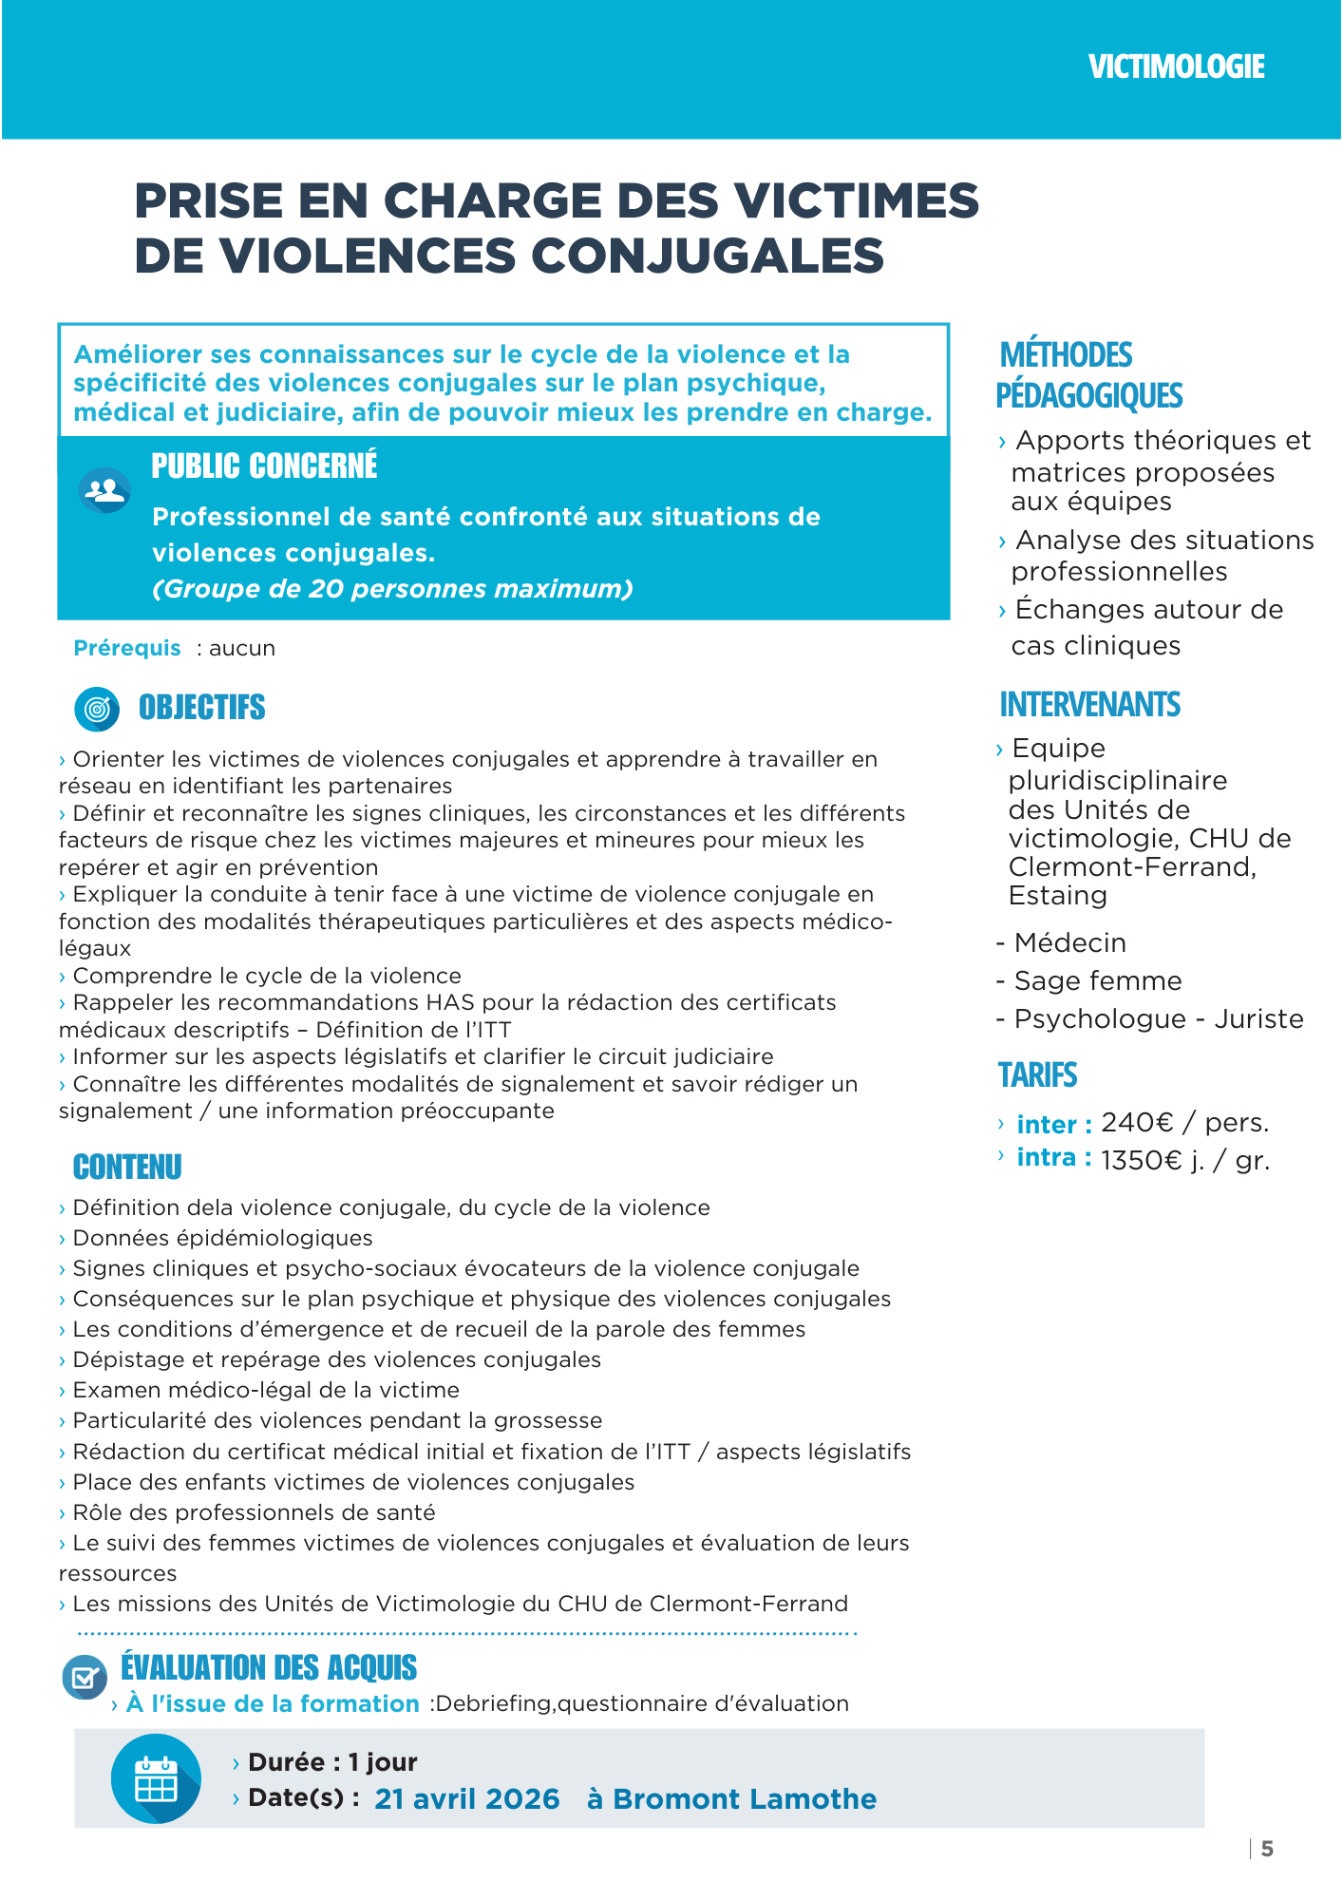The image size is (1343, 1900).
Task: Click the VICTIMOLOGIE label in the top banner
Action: [x=1176, y=66]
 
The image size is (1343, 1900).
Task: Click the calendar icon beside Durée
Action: [x=156, y=1778]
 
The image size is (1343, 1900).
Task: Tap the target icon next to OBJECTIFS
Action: [x=97, y=709]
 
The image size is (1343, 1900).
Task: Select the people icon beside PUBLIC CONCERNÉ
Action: [x=104, y=490]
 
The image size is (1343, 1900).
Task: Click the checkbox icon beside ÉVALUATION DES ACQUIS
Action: [x=85, y=1678]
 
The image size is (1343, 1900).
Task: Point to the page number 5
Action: [x=1267, y=1849]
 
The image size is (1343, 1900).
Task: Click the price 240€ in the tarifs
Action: [x=1138, y=1123]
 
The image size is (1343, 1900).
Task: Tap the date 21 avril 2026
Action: [x=467, y=1799]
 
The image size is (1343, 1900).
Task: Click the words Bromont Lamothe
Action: [x=745, y=1799]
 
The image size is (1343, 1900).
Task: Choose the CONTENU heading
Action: [x=127, y=1167]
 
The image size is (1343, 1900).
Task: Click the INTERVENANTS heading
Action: [x=1089, y=705]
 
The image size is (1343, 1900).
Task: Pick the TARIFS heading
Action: [x=1037, y=1075]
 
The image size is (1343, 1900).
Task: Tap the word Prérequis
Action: [x=127, y=648]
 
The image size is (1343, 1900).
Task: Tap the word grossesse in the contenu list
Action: [x=555, y=1421]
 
